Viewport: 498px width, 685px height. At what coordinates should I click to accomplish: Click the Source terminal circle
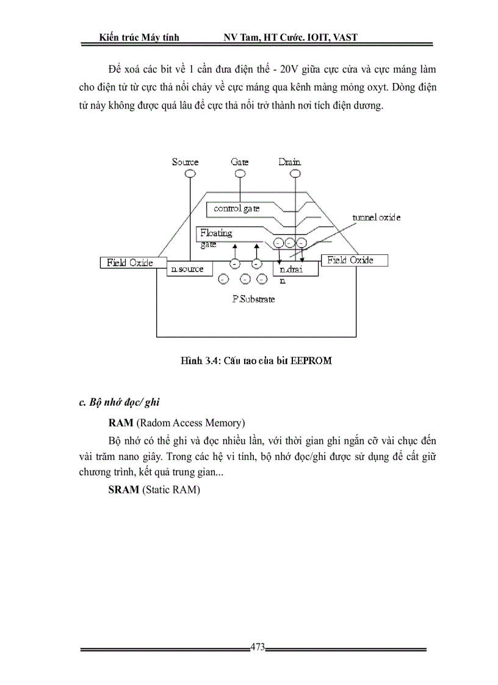click(x=190, y=174)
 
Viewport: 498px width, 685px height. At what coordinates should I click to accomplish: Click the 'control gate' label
click(x=237, y=209)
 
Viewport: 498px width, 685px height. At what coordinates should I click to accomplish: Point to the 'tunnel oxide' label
click(x=376, y=218)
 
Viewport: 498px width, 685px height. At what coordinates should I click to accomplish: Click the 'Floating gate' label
click(x=216, y=238)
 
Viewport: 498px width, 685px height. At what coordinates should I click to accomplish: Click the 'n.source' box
click(x=186, y=269)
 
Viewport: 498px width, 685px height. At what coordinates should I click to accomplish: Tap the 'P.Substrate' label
click(x=253, y=299)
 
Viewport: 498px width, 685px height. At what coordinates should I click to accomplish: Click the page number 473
click(x=258, y=648)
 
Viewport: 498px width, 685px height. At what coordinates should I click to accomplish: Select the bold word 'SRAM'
click(x=124, y=490)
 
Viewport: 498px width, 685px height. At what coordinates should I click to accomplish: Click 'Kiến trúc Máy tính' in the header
click(x=140, y=38)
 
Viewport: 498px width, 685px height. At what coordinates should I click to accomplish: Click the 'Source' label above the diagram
click(x=186, y=162)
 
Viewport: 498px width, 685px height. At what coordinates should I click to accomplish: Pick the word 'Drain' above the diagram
click(x=289, y=162)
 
